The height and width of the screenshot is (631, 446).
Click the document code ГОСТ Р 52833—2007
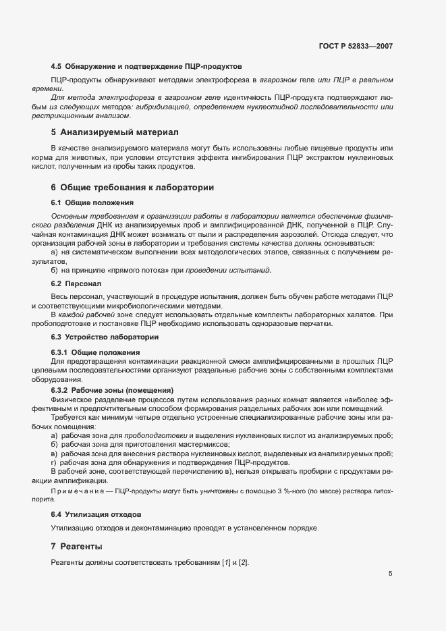pyautogui.click(x=356, y=47)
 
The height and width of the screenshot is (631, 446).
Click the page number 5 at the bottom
pyautogui.click(x=390, y=574)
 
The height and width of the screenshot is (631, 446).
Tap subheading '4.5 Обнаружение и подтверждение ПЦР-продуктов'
pyautogui.click(x=146, y=66)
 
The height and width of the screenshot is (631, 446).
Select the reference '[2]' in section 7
pyautogui.click(x=244, y=563)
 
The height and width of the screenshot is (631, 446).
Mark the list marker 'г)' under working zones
pyautogui.click(x=54, y=462)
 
